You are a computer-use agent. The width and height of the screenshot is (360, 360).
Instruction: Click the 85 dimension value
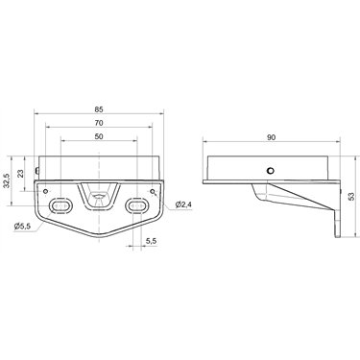[x=99, y=109]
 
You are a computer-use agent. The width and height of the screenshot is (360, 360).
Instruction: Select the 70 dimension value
[x=99, y=123]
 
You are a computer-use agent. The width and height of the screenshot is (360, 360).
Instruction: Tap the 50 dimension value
[x=99, y=136]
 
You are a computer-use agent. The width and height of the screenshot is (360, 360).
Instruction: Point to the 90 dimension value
[x=271, y=137]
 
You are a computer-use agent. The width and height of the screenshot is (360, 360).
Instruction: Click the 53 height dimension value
[x=351, y=197]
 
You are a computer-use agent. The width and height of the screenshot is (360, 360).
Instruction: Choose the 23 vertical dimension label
[x=21, y=174]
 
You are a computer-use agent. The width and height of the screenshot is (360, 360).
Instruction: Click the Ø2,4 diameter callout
[x=183, y=204]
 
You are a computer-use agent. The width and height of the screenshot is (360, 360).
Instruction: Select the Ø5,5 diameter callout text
[x=22, y=227]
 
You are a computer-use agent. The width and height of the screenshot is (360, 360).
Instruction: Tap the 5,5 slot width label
[x=151, y=241]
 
